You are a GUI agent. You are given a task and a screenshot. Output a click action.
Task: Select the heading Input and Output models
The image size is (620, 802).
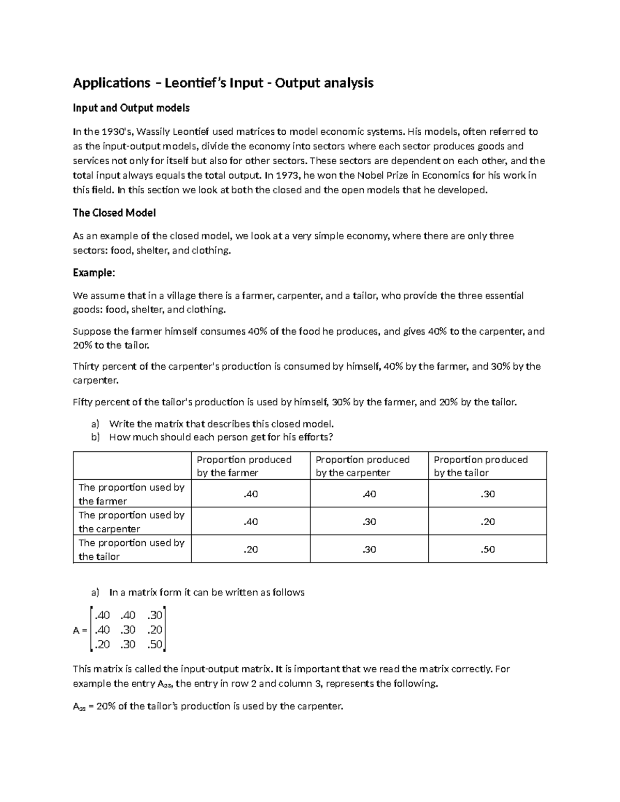click(131, 108)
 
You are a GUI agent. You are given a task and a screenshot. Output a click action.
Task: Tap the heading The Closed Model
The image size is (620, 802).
click(114, 213)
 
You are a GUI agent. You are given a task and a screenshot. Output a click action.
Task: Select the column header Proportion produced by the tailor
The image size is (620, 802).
click(481, 466)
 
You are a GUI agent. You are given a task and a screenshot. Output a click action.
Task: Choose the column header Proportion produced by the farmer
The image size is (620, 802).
click(244, 466)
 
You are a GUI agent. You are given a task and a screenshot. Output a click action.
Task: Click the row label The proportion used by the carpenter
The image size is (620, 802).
click(131, 522)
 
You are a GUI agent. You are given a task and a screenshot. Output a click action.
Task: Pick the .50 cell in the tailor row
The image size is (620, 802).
click(487, 549)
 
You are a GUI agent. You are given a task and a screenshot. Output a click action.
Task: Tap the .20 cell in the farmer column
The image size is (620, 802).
click(251, 549)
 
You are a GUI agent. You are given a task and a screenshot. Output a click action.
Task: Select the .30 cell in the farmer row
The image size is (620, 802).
click(487, 494)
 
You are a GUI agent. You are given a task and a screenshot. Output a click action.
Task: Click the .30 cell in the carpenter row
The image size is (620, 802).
click(369, 522)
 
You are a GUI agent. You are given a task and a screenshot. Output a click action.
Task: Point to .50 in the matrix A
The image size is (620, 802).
click(154, 644)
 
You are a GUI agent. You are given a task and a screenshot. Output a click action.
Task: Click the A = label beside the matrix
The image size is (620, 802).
click(80, 630)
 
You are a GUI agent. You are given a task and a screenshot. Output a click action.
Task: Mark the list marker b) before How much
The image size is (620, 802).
click(95, 437)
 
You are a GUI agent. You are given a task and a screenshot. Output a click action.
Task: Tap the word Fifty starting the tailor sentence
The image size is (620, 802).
click(83, 402)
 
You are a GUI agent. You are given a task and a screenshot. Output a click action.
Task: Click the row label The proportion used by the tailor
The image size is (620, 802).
click(131, 549)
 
